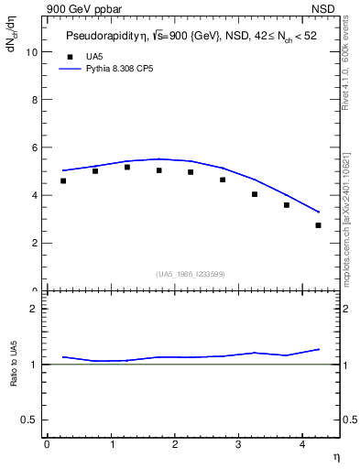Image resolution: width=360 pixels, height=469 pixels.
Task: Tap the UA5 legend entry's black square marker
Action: tap(68, 57)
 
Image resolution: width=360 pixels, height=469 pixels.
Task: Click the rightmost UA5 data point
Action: tap(318, 225)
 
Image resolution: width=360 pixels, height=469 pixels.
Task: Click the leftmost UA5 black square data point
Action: tap(63, 181)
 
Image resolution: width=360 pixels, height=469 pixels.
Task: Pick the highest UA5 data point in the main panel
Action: tap(127, 168)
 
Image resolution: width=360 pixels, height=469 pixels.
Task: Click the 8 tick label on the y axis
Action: tap(34, 100)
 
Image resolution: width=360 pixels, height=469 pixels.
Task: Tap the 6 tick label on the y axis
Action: tap(34, 147)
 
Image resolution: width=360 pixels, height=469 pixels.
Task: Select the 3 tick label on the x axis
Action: tap(239, 444)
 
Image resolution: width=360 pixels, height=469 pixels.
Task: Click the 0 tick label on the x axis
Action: tap(47, 444)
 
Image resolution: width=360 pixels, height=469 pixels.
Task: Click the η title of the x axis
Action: tap(335, 455)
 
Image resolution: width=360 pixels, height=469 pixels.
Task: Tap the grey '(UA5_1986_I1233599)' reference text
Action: tap(190, 274)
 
